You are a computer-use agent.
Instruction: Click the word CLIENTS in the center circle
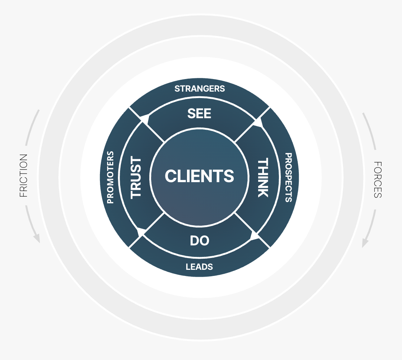pyautogui.click(x=199, y=176)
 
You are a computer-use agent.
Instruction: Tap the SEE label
pyautogui.click(x=199, y=114)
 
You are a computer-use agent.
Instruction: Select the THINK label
pyautogui.click(x=263, y=177)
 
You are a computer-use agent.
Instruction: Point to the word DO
pyautogui.click(x=200, y=241)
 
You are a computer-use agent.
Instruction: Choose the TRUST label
pyautogui.click(x=136, y=177)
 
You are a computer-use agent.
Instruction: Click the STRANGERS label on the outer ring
pyautogui.click(x=200, y=88)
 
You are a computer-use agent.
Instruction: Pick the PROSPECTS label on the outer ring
pyautogui.click(x=288, y=177)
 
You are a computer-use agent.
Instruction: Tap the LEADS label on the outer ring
pyautogui.click(x=199, y=267)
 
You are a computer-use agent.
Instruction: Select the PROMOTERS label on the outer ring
pyautogui.click(x=110, y=177)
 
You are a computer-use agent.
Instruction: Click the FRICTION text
pyautogui.click(x=23, y=176)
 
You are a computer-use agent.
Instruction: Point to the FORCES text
pyautogui.click(x=378, y=180)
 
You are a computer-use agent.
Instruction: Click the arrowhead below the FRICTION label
pyautogui.click(x=36, y=238)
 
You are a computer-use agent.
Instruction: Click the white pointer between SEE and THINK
pyautogui.click(x=259, y=123)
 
